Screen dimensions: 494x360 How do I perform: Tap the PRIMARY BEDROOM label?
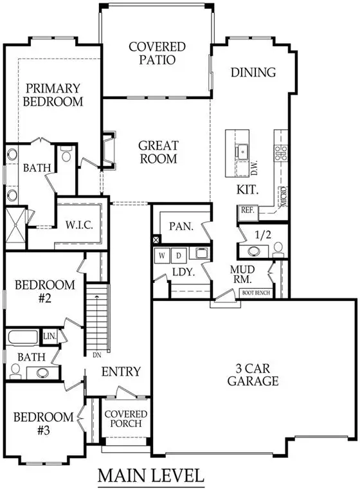pyautogui.click(x=54, y=95)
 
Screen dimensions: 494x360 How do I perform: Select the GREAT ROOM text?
pyautogui.click(x=157, y=152)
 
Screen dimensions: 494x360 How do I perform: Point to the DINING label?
pyautogui.click(x=253, y=72)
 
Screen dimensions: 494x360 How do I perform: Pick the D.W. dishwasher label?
pyautogui.click(x=253, y=169)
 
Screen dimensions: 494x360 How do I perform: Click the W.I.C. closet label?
pyautogui.click(x=79, y=226)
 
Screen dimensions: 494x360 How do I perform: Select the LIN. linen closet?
pyautogui.click(x=50, y=336)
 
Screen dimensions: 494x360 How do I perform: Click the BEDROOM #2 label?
pyautogui.click(x=45, y=291)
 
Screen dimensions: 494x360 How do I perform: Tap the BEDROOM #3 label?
pyautogui.click(x=40, y=423)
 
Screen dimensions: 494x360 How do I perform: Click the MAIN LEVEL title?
pyautogui.click(x=152, y=477)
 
